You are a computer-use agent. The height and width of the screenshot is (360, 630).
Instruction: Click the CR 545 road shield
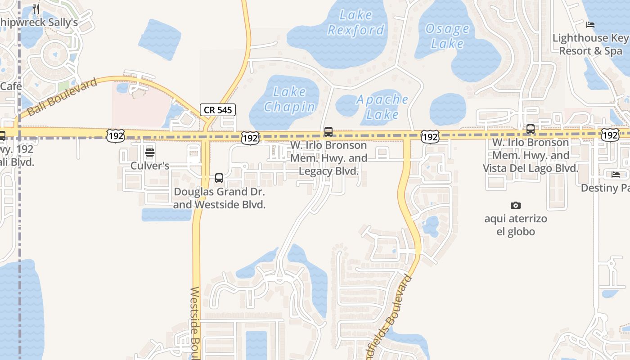pos(218,110)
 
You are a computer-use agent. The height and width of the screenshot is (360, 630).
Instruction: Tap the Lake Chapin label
pos(290,99)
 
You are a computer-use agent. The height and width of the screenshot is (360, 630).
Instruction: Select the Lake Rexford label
pos(356,22)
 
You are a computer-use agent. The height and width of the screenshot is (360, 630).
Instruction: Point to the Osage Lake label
pos(447,36)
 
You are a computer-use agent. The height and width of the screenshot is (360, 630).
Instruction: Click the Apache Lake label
pos(382,107)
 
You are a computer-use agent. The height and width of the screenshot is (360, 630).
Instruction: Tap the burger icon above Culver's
pos(150,152)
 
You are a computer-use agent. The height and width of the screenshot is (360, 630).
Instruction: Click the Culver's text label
pos(150,166)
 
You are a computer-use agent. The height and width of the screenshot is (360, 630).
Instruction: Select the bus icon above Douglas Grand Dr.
pos(219,178)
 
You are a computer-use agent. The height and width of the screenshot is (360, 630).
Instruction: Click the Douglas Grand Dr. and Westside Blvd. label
pos(220,198)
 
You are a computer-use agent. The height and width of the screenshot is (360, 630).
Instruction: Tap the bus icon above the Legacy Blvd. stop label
pos(328,132)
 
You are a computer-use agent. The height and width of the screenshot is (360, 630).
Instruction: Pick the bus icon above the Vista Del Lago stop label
pos(531,129)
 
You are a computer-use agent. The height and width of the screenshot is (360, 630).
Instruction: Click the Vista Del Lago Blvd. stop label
pos(531,155)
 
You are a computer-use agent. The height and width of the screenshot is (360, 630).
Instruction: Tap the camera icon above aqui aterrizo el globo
pos(516,206)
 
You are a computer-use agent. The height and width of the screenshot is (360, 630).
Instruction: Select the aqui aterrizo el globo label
pos(516,225)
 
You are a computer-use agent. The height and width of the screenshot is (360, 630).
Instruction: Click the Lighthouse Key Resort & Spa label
pos(591,45)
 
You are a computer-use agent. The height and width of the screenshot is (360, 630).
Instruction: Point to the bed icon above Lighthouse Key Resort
pos(591,25)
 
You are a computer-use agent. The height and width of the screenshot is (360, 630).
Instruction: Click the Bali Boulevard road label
pos(62,97)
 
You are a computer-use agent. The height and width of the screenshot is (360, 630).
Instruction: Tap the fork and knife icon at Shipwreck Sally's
pos(36,9)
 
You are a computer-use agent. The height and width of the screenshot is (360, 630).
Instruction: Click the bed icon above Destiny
pos(616,175)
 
